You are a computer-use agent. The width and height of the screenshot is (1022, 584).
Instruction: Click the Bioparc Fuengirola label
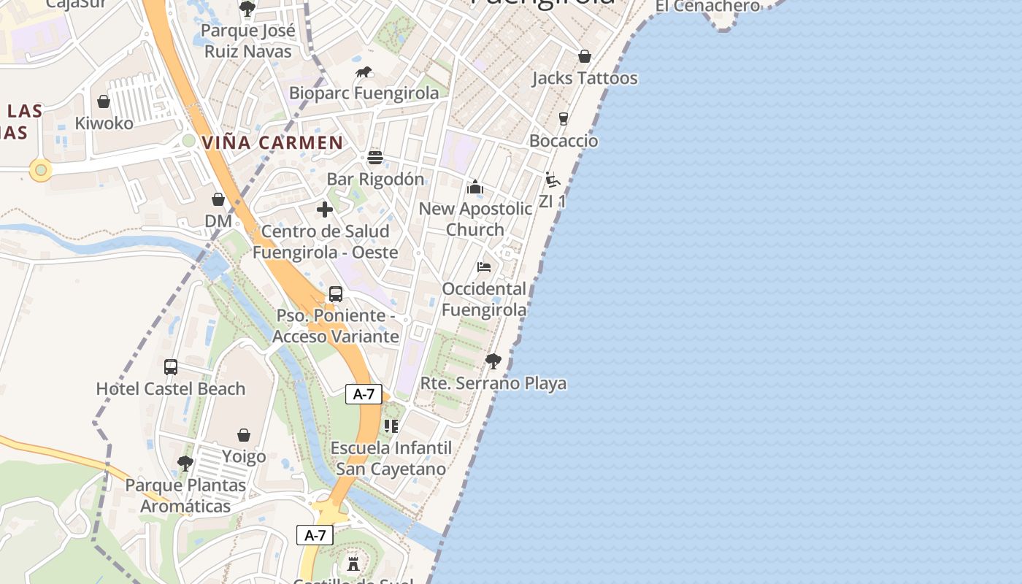pyautogui.click(x=364, y=93)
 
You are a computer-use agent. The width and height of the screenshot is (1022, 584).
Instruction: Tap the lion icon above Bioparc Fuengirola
pyautogui.click(x=364, y=72)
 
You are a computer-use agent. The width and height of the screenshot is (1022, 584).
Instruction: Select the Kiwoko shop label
pyautogui.click(x=104, y=123)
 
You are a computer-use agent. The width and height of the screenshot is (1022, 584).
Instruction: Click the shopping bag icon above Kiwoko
pyautogui.click(x=104, y=101)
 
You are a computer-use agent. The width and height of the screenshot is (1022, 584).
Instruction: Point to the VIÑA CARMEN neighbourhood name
pyautogui.click(x=272, y=142)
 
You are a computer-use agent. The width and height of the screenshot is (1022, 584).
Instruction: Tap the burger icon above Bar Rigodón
pyautogui.click(x=375, y=158)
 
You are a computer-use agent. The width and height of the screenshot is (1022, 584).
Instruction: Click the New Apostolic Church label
pyautogui.click(x=475, y=219)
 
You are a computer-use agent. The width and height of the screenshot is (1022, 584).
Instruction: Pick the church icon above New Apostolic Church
pyautogui.click(x=475, y=188)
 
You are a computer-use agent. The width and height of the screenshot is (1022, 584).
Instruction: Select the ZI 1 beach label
pyautogui.click(x=552, y=201)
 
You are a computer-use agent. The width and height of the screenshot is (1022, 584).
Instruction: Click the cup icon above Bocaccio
pyautogui.click(x=563, y=118)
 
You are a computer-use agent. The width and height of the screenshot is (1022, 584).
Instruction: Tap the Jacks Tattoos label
pyautogui.click(x=585, y=78)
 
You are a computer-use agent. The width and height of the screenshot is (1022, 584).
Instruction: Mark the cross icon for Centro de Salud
pyautogui.click(x=325, y=210)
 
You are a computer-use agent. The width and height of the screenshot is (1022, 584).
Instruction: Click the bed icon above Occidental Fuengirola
pyautogui.click(x=484, y=267)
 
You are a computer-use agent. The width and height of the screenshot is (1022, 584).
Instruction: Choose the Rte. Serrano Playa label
pyautogui.click(x=493, y=383)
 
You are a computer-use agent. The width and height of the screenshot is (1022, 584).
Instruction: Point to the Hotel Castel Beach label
pyautogui.click(x=171, y=388)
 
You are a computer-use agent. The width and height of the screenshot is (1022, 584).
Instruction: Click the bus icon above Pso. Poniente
pyautogui.click(x=336, y=294)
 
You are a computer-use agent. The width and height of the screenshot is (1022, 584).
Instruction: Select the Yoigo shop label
pyautogui.click(x=244, y=457)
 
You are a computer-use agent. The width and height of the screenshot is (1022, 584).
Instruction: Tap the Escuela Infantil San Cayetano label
pyautogui.click(x=391, y=458)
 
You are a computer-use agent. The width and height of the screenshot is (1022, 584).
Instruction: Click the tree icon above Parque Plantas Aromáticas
pyautogui.click(x=185, y=463)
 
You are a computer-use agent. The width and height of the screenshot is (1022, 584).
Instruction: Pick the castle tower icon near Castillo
pyautogui.click(x=353, y=564)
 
